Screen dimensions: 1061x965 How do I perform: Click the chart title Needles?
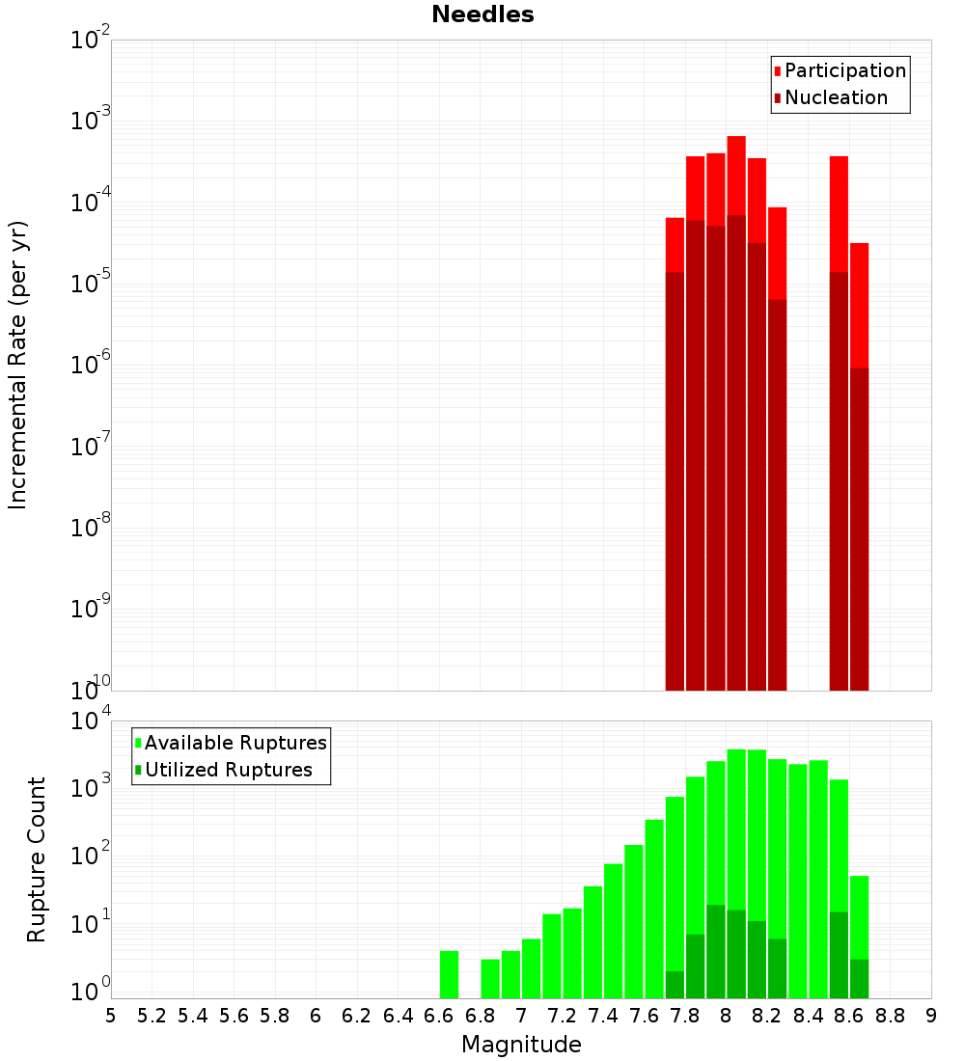pyautogui.click(x=482, y=14)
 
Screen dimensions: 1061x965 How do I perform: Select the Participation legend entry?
pyautogui.click(x=844, y=70)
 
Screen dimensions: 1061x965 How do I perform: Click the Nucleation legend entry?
pyautogui.click(x=835, y=97)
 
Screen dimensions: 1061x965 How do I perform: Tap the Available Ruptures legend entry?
pyautogui.click(x=234, y=743)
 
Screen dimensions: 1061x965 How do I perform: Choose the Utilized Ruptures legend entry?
pyautogui.click(x=228, y=770)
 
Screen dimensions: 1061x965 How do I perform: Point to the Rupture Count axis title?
pyautogui.click(x=37, y=859)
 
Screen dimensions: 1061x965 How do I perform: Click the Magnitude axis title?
pyautogui.click(x=521, y=1045)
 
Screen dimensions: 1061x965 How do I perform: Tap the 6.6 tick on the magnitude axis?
pyautogui.click(x=439, y=1016)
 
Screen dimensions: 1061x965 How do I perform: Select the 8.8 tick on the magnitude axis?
pyautogui.click(x=891, y=1016)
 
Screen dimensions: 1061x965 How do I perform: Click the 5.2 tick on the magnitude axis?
pyautogui.click(x=152, y=1016)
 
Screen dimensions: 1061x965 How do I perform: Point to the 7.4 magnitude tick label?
pyautogui.click(x=603, y=1016)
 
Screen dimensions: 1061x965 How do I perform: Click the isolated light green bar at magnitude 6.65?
pyautogui.click(x=450, y=974)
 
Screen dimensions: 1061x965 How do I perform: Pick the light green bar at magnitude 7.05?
pyautogui.click(x=531, y=968)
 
